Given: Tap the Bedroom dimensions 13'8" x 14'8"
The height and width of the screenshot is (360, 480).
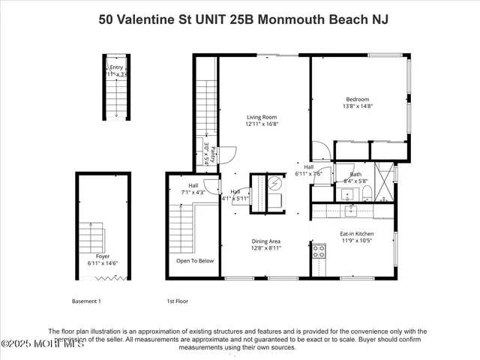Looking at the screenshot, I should point(357,106).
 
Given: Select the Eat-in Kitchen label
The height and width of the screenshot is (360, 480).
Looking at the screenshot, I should point(357,234).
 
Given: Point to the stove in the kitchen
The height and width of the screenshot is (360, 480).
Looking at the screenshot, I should point(318,251).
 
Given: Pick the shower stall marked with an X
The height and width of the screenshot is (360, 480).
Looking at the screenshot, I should point(384,177).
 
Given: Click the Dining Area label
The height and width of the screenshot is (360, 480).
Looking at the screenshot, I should point(265,241).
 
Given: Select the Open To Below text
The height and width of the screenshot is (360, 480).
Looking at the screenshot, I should point(195,261).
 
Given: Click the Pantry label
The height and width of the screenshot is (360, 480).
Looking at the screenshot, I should point(213,154).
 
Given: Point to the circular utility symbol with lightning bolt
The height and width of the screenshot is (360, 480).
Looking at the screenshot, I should point(274,182).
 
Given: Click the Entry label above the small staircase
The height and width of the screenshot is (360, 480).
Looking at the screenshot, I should point(116,67).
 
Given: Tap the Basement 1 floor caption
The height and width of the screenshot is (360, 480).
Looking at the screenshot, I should point(85,301).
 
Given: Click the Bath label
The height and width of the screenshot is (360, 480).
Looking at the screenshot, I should point(355,174).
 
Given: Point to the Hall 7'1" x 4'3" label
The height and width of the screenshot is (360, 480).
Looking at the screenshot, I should point(182,188).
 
